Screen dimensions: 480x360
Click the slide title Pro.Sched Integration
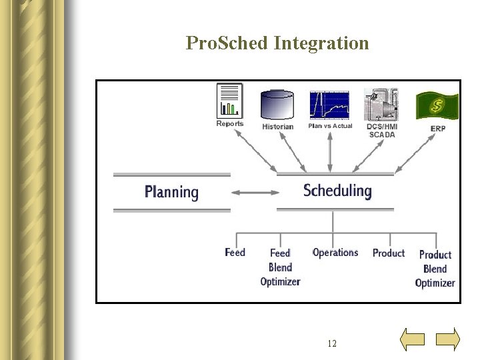(x=277, y=43)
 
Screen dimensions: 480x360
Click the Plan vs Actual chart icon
(x=329, y=105)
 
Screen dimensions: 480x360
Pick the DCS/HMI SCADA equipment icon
(x=381, y=104)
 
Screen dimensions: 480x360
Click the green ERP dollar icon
(x=437, y=105)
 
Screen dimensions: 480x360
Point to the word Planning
(x=171, y=193)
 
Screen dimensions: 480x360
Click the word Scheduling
(x=337, y=191)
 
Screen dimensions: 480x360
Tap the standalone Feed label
(x=235, y=252)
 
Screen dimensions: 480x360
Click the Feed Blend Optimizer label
(x=280, y=267)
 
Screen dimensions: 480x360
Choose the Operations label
(x=335, y=252)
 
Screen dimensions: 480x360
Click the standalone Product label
(x=389, y=253)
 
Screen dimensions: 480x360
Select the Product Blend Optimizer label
(x=435, y=269)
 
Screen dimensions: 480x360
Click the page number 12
(x=332, y=343)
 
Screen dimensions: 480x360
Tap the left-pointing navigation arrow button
(x=412, y=339)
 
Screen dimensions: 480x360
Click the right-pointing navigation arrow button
(x=448, y=339)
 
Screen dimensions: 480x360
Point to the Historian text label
(x=277, y=127)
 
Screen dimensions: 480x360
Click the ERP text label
(x=438, y=128)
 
